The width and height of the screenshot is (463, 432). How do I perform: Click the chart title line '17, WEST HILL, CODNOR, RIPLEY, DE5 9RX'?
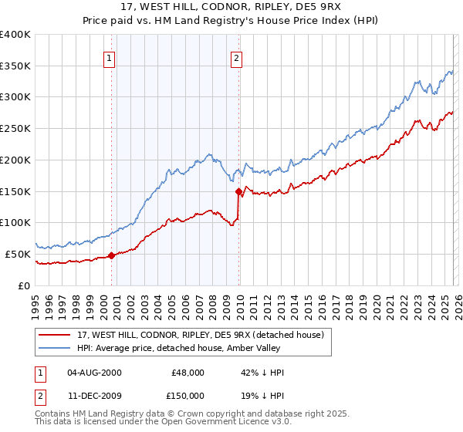click(x=231, y=7)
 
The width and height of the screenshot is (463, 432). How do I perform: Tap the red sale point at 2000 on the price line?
click(x=111, y=255)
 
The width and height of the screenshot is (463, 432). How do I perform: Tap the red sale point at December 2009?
click(x=238, y=191)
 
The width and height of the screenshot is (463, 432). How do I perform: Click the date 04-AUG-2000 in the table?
click(x=93, y=373)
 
